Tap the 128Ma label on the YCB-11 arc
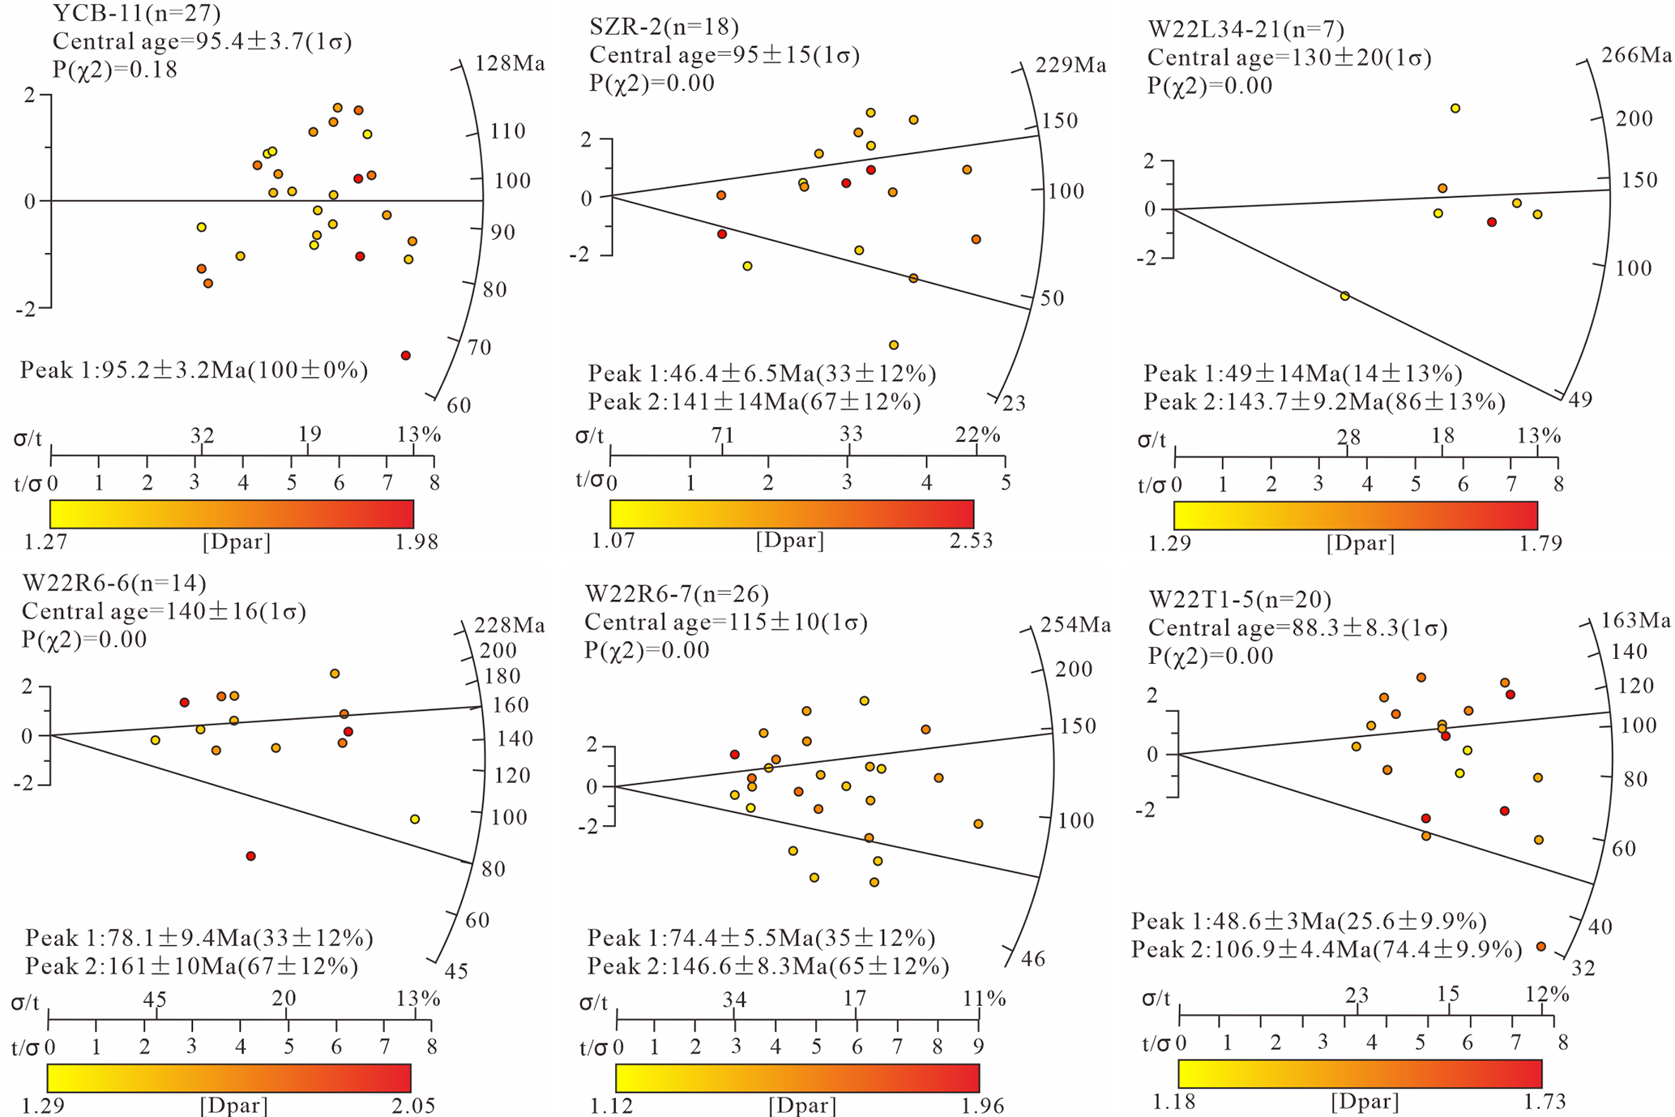(x=510, y=64)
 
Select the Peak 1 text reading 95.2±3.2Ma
(x=194, y=371)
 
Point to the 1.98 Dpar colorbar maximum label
(x=417, y=541)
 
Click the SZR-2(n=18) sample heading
(x=664, y=28)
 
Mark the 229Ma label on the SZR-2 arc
(x=1071, y=66)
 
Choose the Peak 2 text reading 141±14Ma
(x=754, y=402)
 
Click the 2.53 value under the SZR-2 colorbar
(x=971, y=541)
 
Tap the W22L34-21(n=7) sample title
(x=1246, y=30)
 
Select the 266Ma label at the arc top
(x=1636, y=55)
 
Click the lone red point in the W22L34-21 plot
(x=1492, y=222)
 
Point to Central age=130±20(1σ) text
(x=1289, y=58)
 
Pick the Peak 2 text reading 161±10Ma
(x=192, y=966)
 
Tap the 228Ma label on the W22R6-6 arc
(x=510, y=626)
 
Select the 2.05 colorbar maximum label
(x=414, y=1106)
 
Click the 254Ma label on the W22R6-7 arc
(x=1075, y=625)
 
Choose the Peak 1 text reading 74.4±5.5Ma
(x=761, y=939)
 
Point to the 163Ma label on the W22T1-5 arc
(x=1636, y=621)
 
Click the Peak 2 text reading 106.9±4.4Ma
(x=1327, y=950)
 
